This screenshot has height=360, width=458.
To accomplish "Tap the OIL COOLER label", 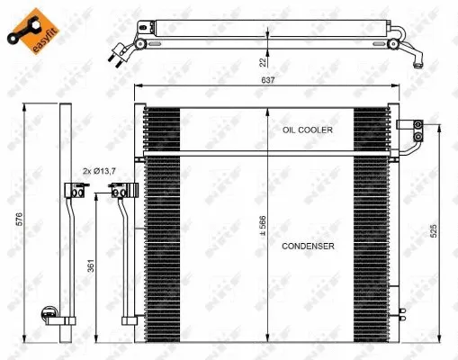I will pos(307,130).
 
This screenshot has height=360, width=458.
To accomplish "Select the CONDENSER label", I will pos(307,245).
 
